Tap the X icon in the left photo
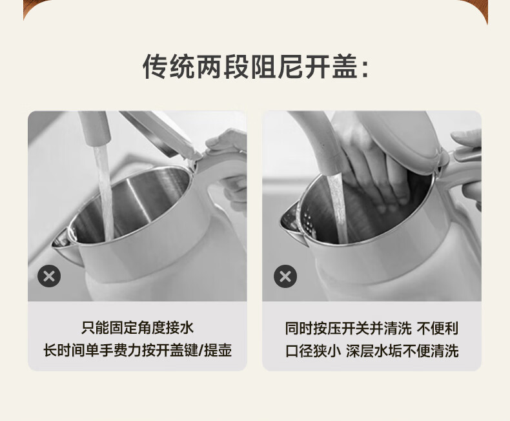coord(49,276)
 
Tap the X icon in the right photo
coord(285,276)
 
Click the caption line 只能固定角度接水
coord(138,328)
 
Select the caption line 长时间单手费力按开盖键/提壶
coord(138,351)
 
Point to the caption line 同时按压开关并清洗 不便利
coord(372,328)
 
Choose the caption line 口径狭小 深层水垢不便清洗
coord(372,351)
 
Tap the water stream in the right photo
coord(338,208)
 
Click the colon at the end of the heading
coord(365,69)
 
